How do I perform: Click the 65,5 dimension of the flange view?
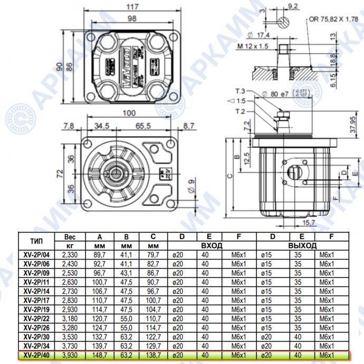tap(143, 126)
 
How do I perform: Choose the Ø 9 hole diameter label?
tap(190, 186)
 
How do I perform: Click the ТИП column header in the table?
tap(37, 241)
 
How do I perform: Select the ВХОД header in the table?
tap(210, 246)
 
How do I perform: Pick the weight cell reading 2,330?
tap(73, 254)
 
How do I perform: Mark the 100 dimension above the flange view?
tap(129, 113)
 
